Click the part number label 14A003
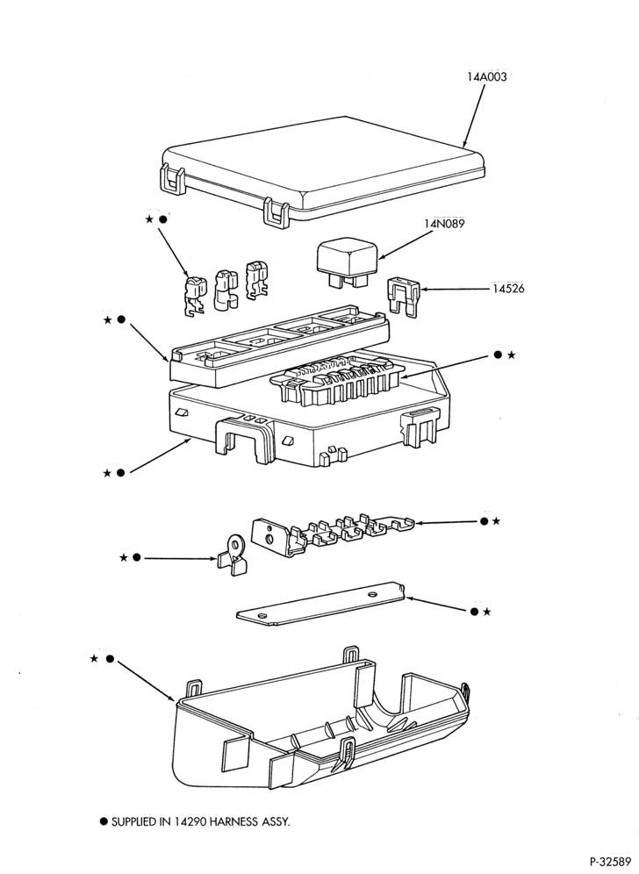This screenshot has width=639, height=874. click(487, 77)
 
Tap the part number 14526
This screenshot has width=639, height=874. click(508, 289)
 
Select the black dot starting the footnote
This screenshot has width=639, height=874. click(104, 821)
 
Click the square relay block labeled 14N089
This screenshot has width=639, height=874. click(347, 262)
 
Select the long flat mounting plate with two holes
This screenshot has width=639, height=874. click(320, 604)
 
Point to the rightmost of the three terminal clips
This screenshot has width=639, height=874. click(257, 279)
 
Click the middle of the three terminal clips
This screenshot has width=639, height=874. click(226, 290)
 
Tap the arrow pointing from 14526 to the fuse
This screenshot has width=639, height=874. click(454, 290)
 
